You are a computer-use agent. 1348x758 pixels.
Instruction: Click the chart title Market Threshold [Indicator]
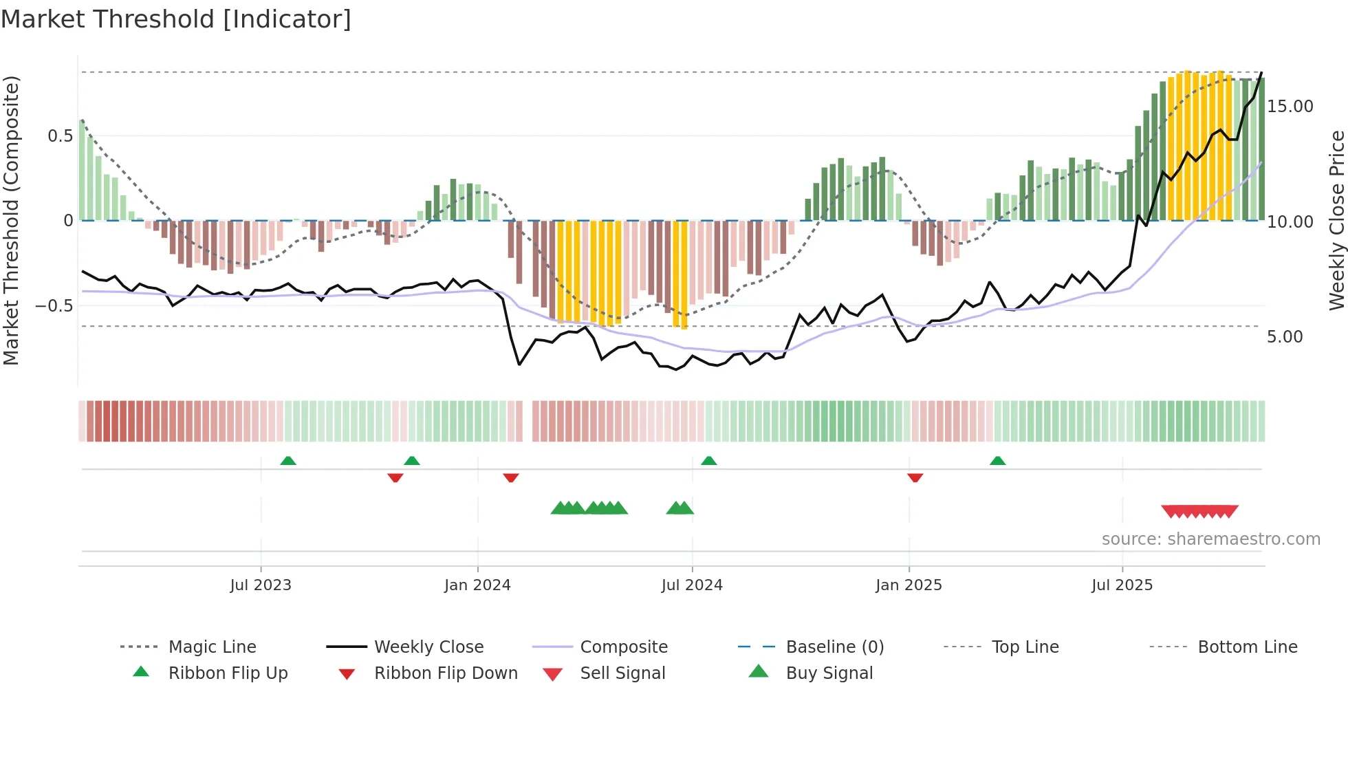pyautogui.click(x=176, y=19)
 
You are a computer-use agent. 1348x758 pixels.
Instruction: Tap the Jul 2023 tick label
pyautogui.click(x=261, y=585)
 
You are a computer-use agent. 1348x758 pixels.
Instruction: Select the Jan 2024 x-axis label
pyautogui.click(x=477, y=585)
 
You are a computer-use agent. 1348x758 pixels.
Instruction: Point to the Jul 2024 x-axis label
pyautogui.click(x=692, y=585)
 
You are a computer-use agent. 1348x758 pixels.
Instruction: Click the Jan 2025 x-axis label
pyautogui.click(x=909, y=585)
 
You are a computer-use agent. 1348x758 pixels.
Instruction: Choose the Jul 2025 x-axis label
pyautogui.click(x=1122, y=585)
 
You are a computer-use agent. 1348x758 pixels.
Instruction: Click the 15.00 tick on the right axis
pyautogui.click(x=1290, y=107)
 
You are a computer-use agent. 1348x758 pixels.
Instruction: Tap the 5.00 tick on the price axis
pyautogui.click(x=1285, y=337)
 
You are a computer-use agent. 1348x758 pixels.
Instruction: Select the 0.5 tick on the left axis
pyautogui.click(x=60, y=136)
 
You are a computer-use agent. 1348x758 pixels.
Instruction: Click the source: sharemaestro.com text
pyautogui.click(x=1210, y=539)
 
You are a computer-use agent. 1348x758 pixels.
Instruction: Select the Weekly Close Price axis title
pyautogui.click(x=1336, y=220)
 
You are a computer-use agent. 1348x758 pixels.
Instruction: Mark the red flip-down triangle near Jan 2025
pyautogui.click(x=915, y=477)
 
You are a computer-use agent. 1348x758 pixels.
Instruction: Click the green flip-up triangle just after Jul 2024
pyautogui.click(x=709, y=460)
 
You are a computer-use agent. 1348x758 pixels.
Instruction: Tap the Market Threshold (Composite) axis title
pyautogui.click(x=11, y=220)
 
